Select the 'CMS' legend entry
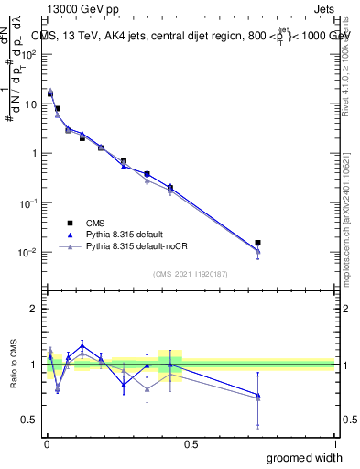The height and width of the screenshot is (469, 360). [x=95, y=223]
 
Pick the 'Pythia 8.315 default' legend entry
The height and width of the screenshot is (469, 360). [x=128, y=234]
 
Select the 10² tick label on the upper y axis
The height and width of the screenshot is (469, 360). [x=29, y=54]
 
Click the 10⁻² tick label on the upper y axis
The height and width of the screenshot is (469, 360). [x=29, y=252]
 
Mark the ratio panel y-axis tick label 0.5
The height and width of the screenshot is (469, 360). [x=30, y=420]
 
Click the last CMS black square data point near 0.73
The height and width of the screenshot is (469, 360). [x=258, y=243]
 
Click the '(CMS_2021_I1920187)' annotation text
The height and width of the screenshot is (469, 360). [x=190, y=273]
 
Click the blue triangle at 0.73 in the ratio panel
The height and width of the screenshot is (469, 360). [x=258, y=395]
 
